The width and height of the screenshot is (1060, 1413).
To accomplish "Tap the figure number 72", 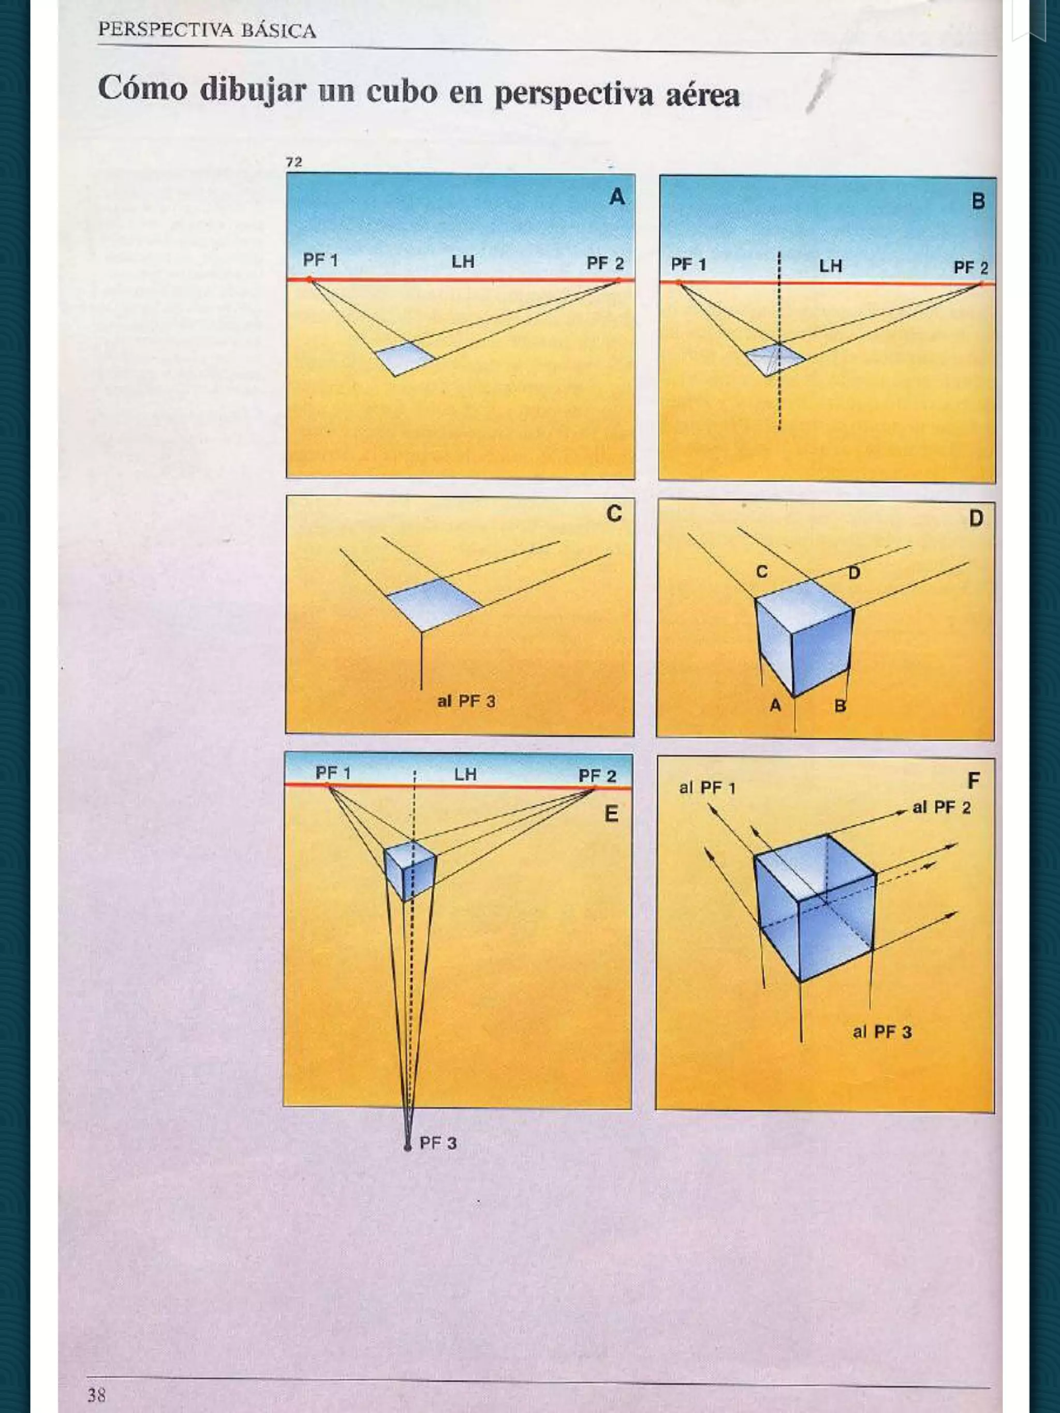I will coord(294,162).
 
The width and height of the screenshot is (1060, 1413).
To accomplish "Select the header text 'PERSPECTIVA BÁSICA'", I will coord(207,31).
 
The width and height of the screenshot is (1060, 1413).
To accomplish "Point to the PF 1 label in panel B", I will coord(688,264).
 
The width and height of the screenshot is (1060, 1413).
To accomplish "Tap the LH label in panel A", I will coord(463,261).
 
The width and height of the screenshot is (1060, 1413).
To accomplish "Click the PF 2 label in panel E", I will coord(597,776).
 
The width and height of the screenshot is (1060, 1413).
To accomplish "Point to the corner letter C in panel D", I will coord(761,572).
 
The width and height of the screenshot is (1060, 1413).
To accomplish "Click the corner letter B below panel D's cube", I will coord(840,706).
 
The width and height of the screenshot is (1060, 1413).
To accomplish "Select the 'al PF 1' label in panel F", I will coord(708,787).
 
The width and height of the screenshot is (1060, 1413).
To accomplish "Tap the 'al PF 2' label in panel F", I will coord(941,808).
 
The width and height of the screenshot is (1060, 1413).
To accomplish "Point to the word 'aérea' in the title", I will coord(703,96).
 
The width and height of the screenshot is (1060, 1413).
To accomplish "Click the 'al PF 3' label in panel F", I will coord(882,1032).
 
